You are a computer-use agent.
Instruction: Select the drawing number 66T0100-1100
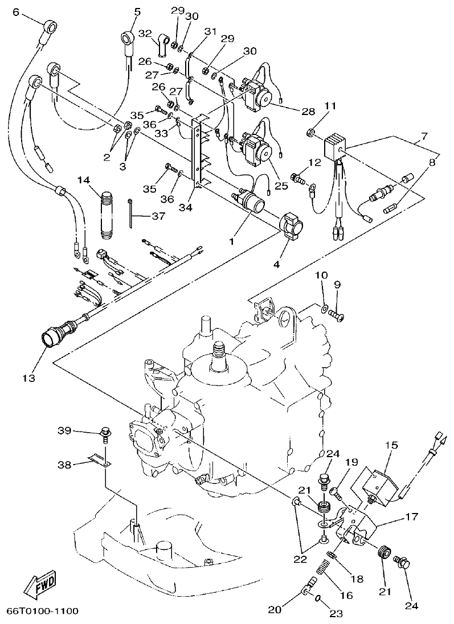[x=42, y=611]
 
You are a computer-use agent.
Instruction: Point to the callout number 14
[x=84, y=180]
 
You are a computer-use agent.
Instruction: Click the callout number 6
[x=15, y=12]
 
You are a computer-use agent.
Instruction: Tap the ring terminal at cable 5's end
[x=126, y=39]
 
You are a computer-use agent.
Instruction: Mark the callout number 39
[x=66, y=431]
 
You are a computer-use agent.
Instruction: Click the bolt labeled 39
[x=105, y=434]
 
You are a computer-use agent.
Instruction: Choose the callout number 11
[x=330, y=106]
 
